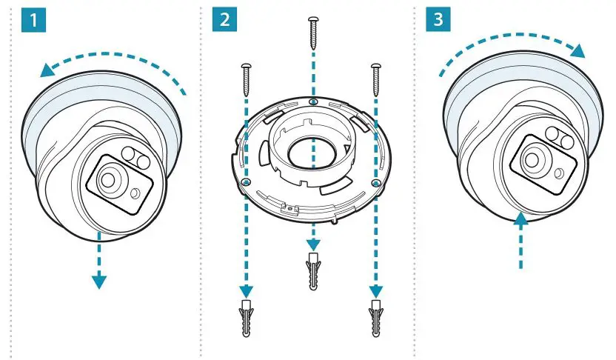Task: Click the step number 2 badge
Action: coord(224,19)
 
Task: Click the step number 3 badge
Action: coord(440,19)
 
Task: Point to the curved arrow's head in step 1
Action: coord(48,70)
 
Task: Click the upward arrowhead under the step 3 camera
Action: coord(520,218)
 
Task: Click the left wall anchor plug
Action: coord(246,318)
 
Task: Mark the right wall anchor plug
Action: coord(375,318)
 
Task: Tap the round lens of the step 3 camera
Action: coord(532,159)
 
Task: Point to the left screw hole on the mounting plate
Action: coord(246,181)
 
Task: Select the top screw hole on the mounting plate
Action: coord(313,100)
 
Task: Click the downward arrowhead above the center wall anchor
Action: coord(313,244)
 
